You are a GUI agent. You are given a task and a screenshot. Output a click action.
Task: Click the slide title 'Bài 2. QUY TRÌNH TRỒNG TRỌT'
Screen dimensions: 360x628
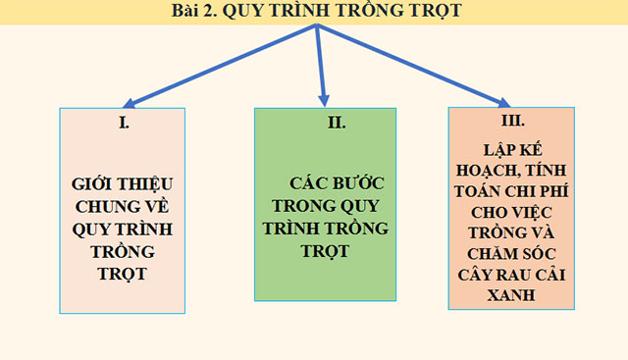pos(314,12)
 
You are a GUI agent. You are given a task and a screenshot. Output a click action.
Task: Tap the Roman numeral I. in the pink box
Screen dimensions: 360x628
pos(123,124)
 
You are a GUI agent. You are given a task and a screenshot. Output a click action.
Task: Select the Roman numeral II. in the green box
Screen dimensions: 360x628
pos(326,124)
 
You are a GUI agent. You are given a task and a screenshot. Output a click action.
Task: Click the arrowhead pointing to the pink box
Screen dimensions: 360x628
pos(129,102)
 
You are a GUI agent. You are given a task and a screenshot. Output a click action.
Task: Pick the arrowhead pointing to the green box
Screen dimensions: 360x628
pos(325,98)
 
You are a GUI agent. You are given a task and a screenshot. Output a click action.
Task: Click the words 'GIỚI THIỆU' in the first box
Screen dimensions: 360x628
pos(122,183)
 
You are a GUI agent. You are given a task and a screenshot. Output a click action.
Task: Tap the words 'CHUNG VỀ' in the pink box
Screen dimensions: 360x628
pos(122,206)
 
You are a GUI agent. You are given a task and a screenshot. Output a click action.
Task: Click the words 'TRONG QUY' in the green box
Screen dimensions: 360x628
pos(326,206)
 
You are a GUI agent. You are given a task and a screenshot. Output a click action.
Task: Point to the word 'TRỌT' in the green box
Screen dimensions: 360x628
pos(326,251)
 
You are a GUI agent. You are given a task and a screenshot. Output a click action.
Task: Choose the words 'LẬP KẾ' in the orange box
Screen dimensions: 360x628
pos(512,152)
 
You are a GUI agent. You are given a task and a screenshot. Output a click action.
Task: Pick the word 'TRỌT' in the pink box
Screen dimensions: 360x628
pos(122,273)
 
